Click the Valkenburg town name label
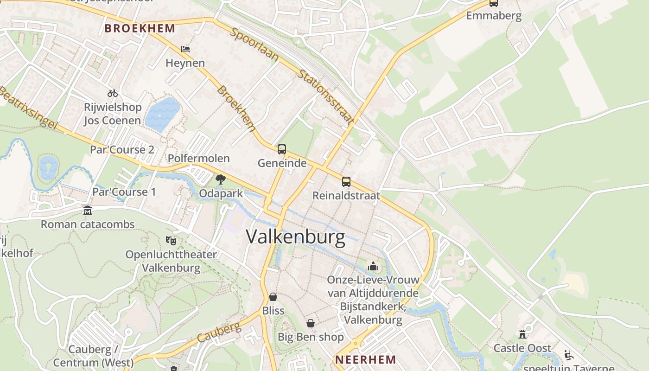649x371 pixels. tap(295, 237)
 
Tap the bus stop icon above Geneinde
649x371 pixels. tap(282, 149)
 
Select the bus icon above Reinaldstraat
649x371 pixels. tap(346, 181)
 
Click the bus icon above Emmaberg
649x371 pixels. tap(494, 3)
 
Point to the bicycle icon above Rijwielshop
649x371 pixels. tap(113, 93)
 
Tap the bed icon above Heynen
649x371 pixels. tap(185, 49)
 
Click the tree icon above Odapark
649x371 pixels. tap(221, 179)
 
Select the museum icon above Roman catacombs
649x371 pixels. tap(88, 211)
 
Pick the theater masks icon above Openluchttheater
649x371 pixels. tap(171, 240)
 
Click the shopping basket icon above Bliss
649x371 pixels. tap(273, 296)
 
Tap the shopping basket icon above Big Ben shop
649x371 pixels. tap(310, 323)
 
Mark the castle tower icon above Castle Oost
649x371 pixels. tap(522, 334)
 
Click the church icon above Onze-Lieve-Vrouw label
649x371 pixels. tap(373, 266)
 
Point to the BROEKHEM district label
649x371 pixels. tap(140, 28)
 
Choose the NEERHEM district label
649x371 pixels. tap(366, 359)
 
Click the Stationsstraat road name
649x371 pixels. tap(326, 98)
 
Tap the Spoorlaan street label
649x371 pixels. tap(255, 45)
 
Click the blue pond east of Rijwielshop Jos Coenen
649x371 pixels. tap(162, 114)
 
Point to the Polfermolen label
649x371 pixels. tap(199, 158)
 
